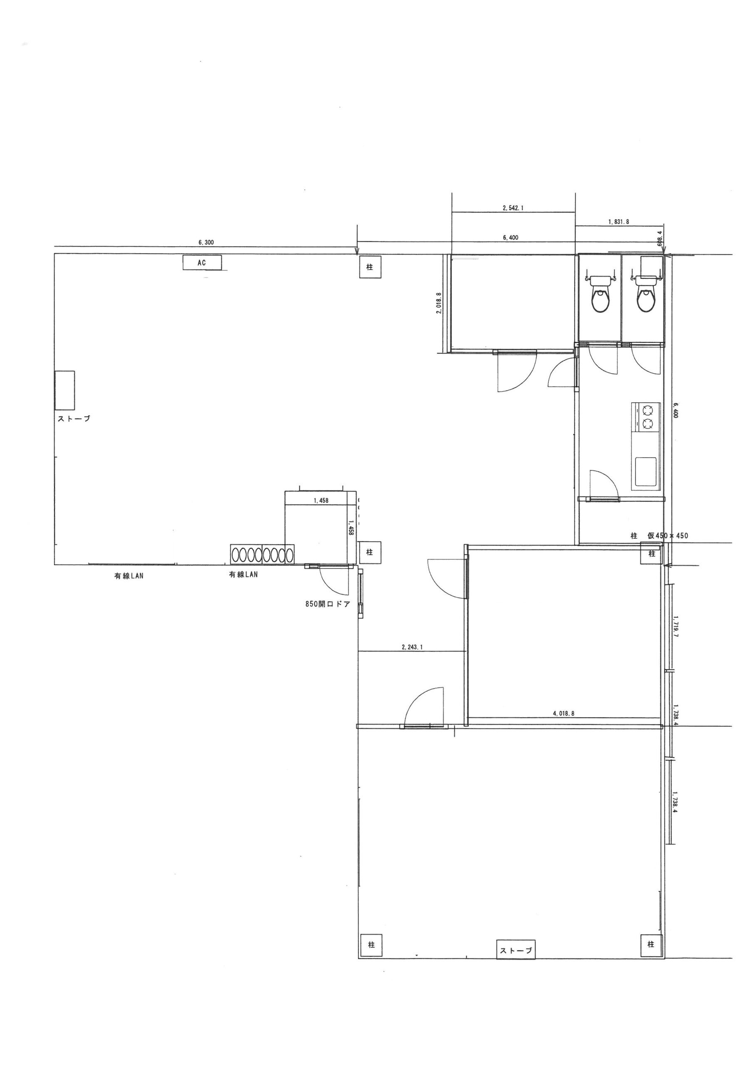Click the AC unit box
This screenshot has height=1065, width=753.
pos(202,263)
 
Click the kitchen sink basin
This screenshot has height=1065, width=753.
pos(646,472)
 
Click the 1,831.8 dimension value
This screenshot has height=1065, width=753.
pos(619,222)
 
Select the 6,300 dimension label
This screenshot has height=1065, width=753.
pos(206,243)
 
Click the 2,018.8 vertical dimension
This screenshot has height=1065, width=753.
pos(438,303)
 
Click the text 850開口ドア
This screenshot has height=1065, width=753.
pos(327,604)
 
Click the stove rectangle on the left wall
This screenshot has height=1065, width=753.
pos(64,390)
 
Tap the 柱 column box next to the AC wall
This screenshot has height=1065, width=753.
pos(370,267)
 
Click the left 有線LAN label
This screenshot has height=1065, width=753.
pos(129,576)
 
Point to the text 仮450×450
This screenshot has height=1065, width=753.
pos(668,536)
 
